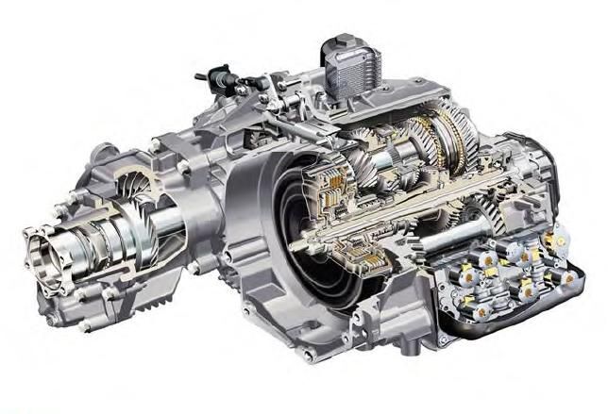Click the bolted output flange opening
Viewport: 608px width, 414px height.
point(47,253)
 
